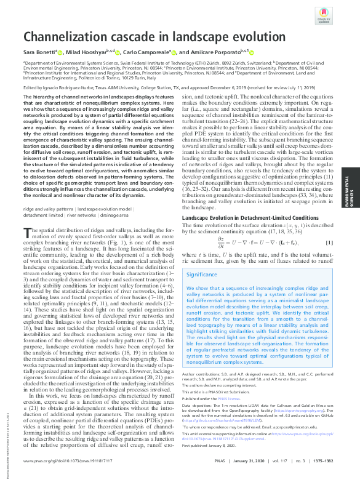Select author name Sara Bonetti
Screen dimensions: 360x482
point(39,52)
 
